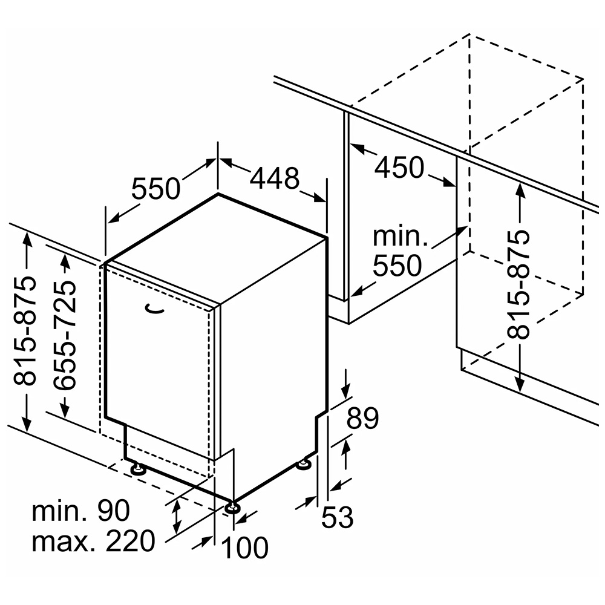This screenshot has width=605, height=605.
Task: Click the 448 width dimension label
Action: (x=275, y=178)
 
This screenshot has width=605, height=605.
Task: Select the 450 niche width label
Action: (x=399, y=168)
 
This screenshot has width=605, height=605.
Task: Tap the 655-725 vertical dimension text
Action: (x=65, y=335)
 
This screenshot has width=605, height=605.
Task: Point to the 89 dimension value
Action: (x=362, y=418)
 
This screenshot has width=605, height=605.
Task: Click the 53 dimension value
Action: (x=337, y=517)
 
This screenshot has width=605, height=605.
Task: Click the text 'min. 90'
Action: (x=80, y=511)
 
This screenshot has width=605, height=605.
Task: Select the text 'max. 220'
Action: (x=93, y=541)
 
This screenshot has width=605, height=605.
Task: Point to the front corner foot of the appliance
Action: (x=232, y=508)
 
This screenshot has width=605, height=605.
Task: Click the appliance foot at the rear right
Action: (x=304, y=463)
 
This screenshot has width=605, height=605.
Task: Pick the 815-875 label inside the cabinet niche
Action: (x=518, y=284)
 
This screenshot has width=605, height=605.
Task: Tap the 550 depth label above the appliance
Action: (x=156, y=188)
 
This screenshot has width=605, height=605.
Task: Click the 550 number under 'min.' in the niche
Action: (x=397, y=266)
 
